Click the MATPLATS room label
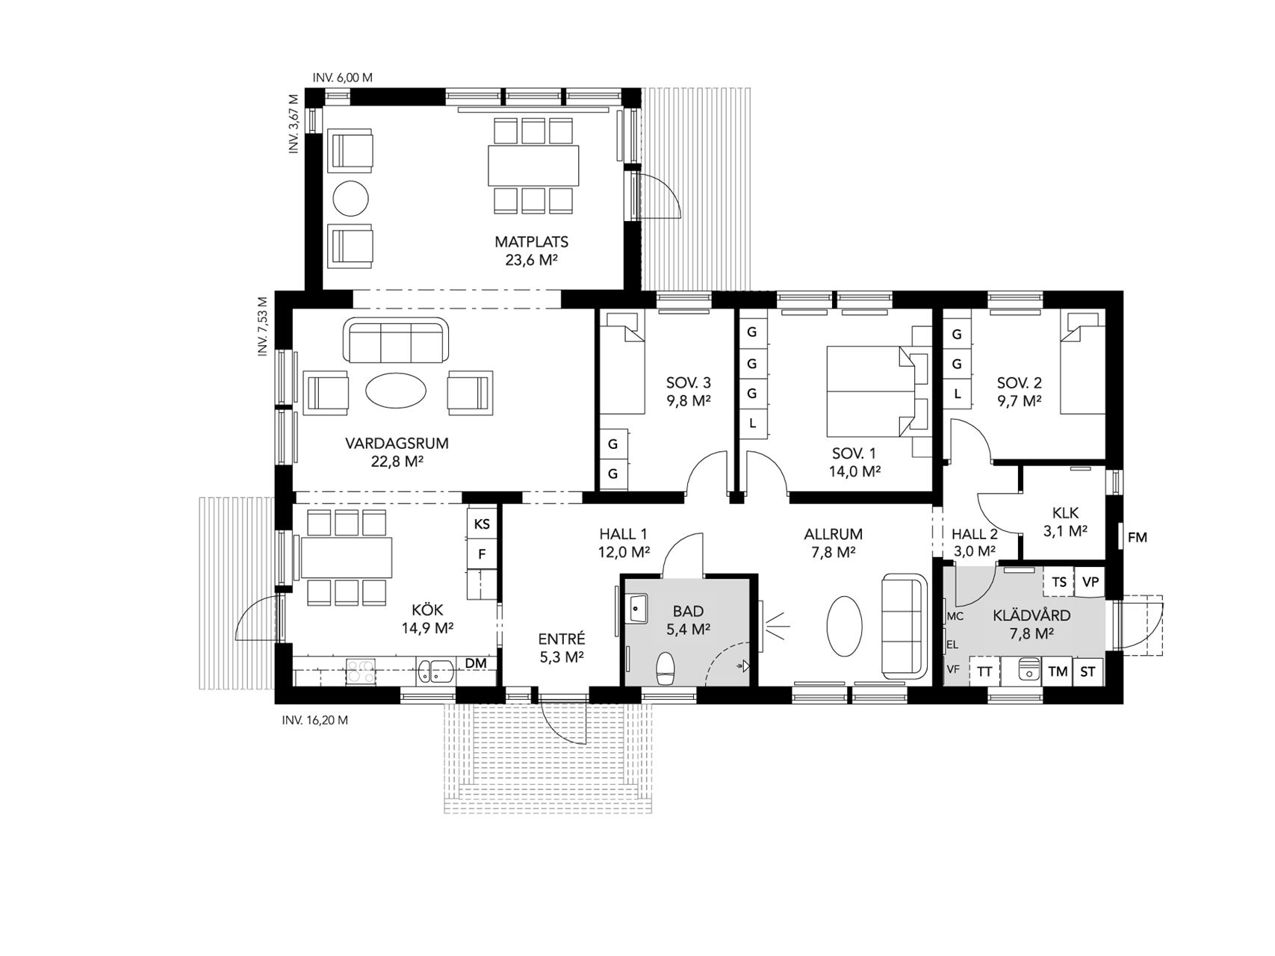(531, 242)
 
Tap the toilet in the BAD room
(664, 668)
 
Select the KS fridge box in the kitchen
(482, 524)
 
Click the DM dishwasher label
(476, 662)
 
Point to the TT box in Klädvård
(985, 671)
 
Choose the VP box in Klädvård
(1091, 582)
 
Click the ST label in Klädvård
(1088, 671)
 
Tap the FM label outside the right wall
(1137, 537)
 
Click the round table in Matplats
(350, 199)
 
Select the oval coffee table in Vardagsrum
(396, 390)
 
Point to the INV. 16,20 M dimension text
(314, 721)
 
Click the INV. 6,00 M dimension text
(342, 78)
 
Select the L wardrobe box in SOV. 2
(956, 393)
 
